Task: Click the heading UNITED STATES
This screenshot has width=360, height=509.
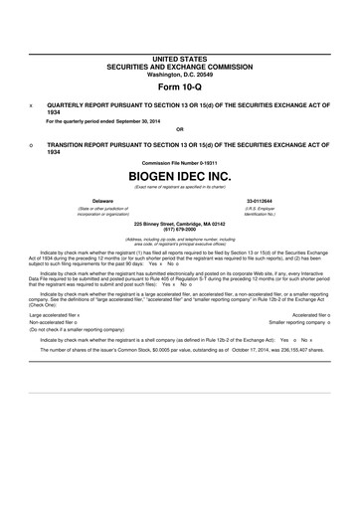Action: coord(179,62)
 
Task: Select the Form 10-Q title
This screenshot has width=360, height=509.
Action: coord(179,88)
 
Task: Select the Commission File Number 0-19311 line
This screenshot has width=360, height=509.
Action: coord(179,161)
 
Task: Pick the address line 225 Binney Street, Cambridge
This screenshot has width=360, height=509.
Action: coord(179,224)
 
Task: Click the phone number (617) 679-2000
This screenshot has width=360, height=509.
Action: coord(179,229)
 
